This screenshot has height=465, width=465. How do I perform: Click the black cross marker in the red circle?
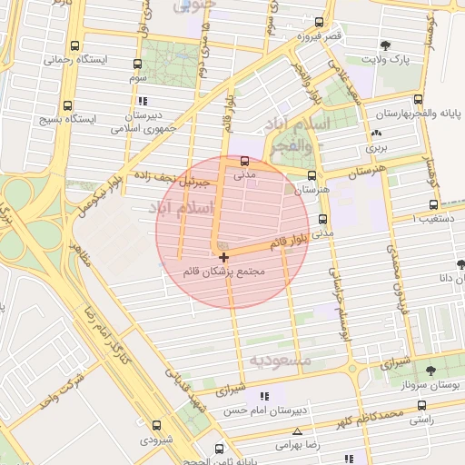pyautogui.click(x=224, y=258)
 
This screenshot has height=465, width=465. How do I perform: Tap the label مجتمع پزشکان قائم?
pyautogui.click(x=224, y=272)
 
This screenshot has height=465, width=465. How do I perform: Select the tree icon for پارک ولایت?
pyautogui.click(x=386, y=45)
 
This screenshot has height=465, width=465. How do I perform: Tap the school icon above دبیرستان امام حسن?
pyautogui.click(x=264, y=397)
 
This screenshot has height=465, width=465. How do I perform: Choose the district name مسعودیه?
pyautogui.click(x=281, y=361)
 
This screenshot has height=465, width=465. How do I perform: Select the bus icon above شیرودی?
pyautogui.click(x=156, y=424)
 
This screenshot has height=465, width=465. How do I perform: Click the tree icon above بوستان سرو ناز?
pyautogui.click(x=430, y=371)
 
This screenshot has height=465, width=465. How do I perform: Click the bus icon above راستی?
pyautogui.click(x=420, y=406)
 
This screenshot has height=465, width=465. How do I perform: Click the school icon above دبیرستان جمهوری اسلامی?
pyautogui.click(x=144, y=101)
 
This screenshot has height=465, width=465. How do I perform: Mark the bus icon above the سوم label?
pyautogui.click(x=137, y=64)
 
